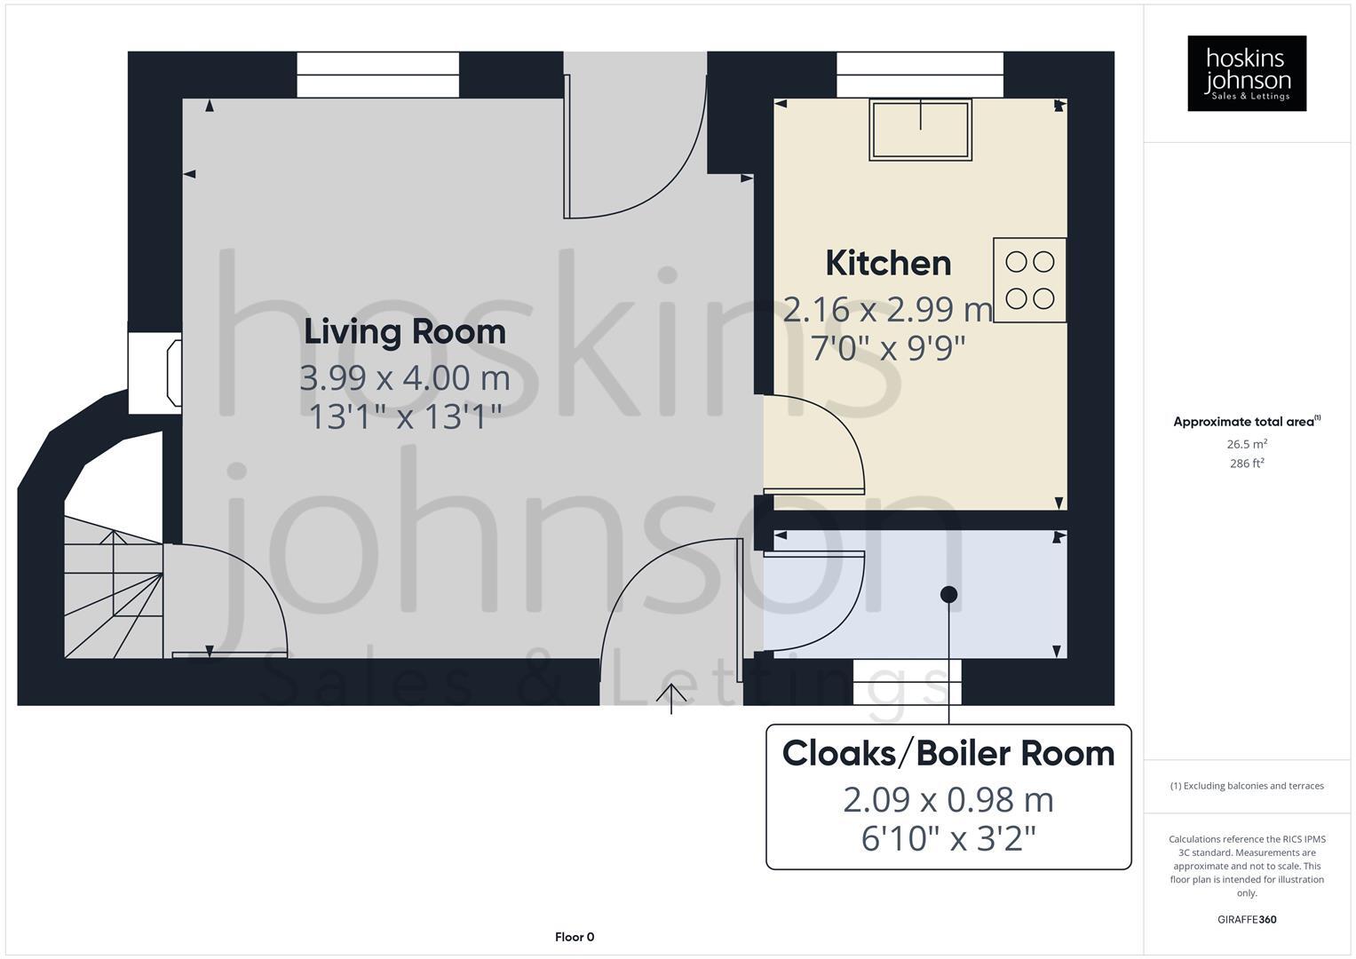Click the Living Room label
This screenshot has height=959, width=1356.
point(405,332)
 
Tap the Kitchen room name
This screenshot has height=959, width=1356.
point(888,264)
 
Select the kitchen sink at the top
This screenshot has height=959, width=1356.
point(920,130)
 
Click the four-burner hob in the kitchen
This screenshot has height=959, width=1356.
point(1030,280)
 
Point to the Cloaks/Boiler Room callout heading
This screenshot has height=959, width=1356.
point(948,754)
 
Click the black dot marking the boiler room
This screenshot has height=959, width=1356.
point(949,594)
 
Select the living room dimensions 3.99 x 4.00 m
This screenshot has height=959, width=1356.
point(405,378)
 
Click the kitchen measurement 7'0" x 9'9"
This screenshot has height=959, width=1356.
point(888,348)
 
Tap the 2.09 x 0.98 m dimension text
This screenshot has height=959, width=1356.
point(948,800)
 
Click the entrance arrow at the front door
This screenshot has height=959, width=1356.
point(671,698)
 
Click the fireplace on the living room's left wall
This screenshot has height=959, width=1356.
point(156,373)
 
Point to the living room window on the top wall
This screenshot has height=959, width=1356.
point(377,75)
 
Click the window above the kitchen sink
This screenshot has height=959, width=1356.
point(920,75)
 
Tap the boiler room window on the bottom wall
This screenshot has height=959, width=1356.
point(908,682)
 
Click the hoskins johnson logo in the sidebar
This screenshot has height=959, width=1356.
point(1247,74)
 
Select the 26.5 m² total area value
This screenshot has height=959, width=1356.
point(1247,444)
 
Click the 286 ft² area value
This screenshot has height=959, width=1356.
point(1247,464)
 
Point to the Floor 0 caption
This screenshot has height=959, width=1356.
point(575,937)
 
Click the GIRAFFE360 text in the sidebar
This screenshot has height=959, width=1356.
point(1247,919)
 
